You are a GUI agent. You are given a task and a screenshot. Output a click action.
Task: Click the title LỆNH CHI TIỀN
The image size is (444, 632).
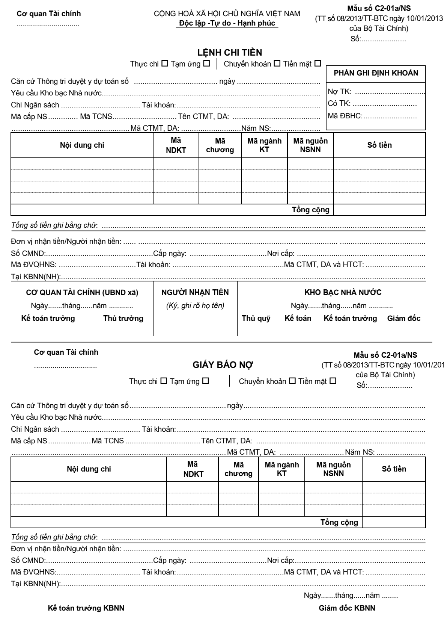click(230, 53)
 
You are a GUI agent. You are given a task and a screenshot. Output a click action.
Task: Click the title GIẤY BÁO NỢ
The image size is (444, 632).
click(223, 365)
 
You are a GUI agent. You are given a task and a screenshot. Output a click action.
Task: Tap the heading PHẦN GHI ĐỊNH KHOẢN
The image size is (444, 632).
click(376, 73)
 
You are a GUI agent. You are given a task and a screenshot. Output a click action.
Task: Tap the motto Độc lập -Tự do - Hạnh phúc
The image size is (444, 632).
click(227, 23)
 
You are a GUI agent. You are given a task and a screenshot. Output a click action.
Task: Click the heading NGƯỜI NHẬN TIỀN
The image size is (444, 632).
click(195, 292)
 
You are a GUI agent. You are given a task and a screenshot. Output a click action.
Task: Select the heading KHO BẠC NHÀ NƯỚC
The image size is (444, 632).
click(343, 292)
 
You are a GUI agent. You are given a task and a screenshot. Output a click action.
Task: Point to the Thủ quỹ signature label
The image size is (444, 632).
click(256, 319)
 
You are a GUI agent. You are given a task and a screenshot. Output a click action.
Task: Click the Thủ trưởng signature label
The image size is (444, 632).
click(123, 319)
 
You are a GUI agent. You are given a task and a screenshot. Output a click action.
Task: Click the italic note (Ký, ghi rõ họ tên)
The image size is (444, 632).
click(195, 305)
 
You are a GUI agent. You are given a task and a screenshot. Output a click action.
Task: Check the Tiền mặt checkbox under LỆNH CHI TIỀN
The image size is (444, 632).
click(318, 64)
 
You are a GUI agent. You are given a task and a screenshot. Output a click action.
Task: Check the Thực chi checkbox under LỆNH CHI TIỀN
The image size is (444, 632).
click(164, 64)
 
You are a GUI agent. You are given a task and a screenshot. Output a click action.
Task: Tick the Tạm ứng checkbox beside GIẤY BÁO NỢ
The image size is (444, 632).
click(206, 381)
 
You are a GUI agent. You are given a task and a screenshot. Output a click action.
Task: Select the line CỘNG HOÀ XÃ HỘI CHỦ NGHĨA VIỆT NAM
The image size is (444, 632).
click(227, 14)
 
